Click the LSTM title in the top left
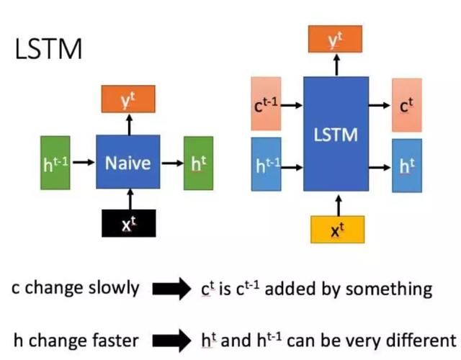pyautogui.click(x=48, y=50)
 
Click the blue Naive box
pyautogui.click(x=128, y=163)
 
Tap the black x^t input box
pyautogui.click(x=127, y=225)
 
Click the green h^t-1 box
pyautogui.click(x=55, y=163)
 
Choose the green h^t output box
pyautogui.click(x=198, y=163)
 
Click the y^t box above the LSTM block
pyautogui.click(x=335, y=39)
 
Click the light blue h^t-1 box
pyautogui.click(x=267, y=164)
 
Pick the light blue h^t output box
pyautogui.click(x=406, y=164)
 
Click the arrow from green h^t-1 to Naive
pyautogui.click(x=84, y=163)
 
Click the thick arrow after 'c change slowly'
pyautogui.click(x=170, y=289)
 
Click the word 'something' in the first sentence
pyautogui.click(x=395, y=289)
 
